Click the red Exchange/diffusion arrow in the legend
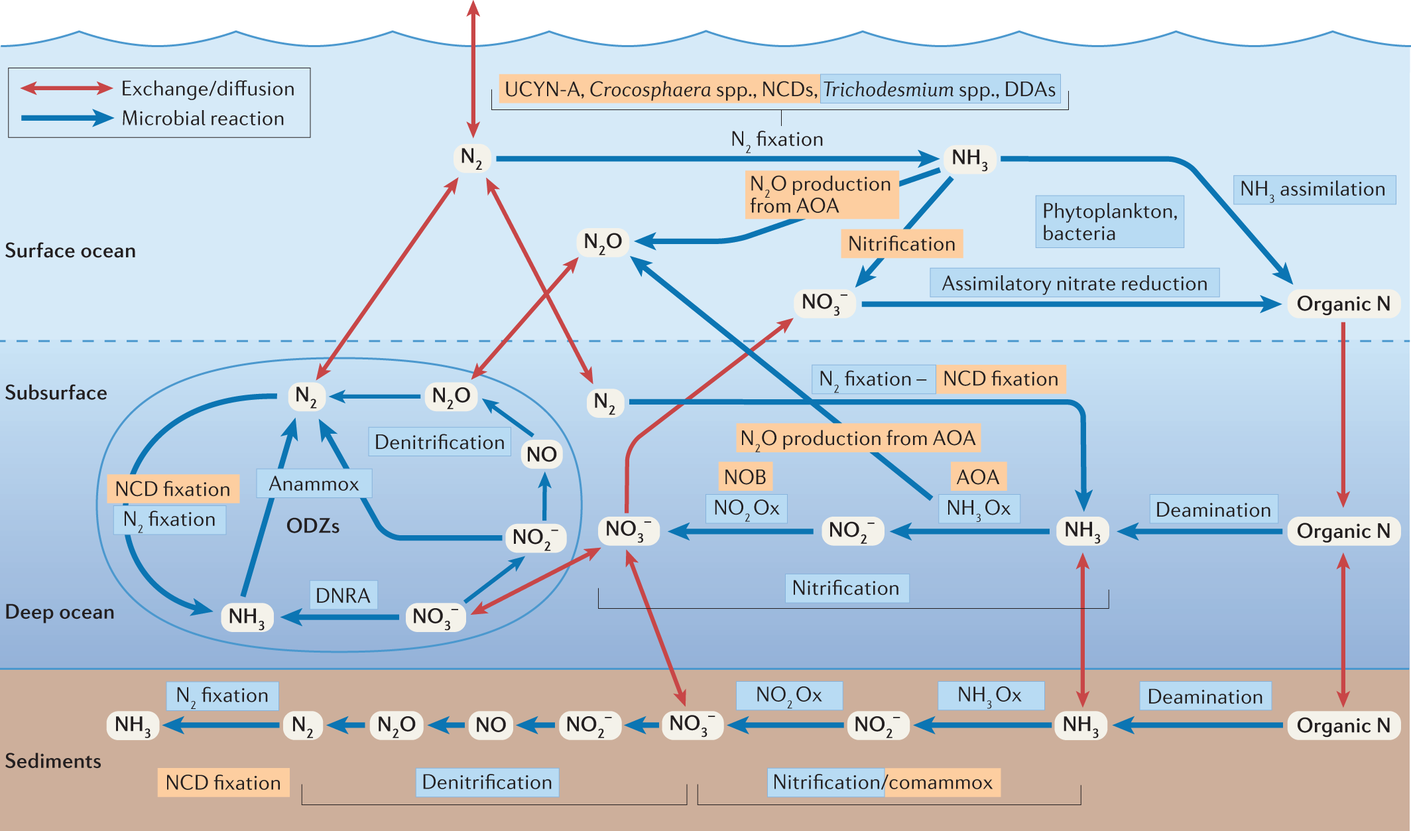(66, 88)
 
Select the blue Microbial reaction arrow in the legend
(66, 118)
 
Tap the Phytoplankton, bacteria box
(1109, 222)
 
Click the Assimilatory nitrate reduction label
(1074, 283)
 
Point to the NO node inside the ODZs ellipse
(541, 454)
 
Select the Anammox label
(314, 484)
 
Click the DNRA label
(343, 596)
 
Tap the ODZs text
(312, 527)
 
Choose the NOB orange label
(745, 477)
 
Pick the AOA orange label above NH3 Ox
(977, 477)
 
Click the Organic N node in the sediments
(1343, 726)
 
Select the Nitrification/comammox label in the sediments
(883, 783)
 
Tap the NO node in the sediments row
(491, 725)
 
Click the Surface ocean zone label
(70, 251)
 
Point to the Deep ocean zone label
(60, 611)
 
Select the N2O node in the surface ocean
(602, 242)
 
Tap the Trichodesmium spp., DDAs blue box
(939, 90)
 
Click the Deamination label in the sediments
(1205, 697)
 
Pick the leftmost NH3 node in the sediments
(133, 725)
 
